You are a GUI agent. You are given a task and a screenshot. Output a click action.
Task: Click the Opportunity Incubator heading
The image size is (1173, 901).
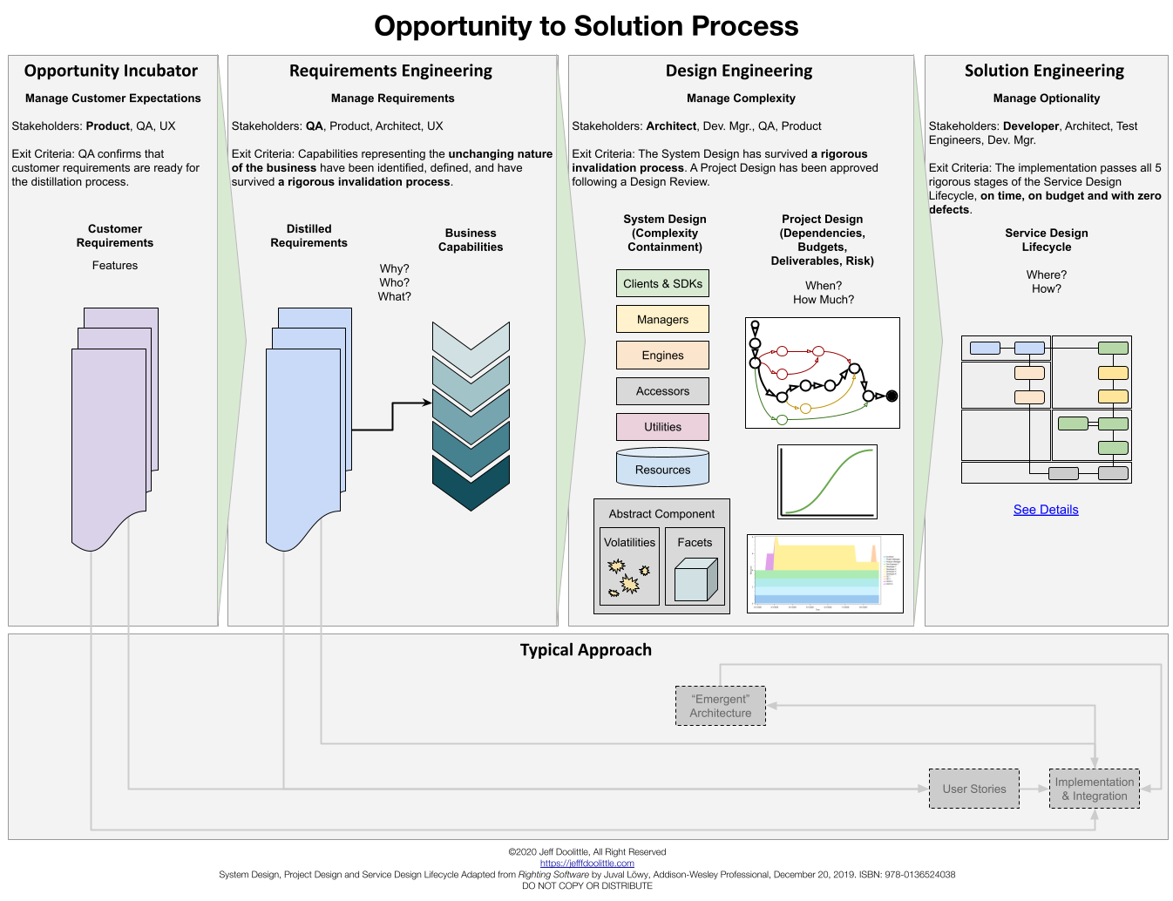pyautogui.click(x=111, y=71)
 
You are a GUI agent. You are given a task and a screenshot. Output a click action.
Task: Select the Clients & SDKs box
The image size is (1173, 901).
pyautogui.click(x=662, y=283)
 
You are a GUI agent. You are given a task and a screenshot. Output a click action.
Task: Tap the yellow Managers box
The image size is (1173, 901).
pyautogui.click(x=662, y=319)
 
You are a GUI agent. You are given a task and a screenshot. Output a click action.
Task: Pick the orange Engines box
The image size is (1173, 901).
pyautogui.click(x=662, y=355)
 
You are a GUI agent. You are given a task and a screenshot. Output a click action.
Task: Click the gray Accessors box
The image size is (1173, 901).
pyautogui.click(x=662, y=391)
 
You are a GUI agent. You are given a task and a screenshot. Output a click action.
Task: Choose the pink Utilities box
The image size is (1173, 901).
pyautogui.click(x=662, y=427)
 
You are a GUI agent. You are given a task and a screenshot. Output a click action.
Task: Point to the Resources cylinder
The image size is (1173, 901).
pyautogui.click(x=662, y=469)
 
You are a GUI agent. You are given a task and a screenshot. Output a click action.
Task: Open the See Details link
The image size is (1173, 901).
pyautogui.click(x=1046, y=510)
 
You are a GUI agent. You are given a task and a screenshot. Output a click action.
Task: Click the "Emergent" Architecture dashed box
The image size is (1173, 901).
pyautogui.click(x=720, y=706)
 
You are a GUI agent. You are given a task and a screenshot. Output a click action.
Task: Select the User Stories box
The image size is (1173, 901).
pyautogui.click(x=973, y=789)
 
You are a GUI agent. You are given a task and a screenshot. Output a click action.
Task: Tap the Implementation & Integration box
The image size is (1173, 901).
pyautogui.click(x=1094, y=789)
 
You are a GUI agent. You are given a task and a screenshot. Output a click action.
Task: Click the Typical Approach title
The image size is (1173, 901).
pyautogui.click(x=586, y=650)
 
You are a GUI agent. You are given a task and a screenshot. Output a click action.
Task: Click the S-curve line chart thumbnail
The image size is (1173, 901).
pyautogui.click(x=827, y=482)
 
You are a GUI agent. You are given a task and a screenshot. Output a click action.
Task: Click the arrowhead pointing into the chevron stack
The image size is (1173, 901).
pyautogui.click(x=427, y=403)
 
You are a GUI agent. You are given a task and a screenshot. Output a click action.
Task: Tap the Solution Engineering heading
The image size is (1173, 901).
pyautogui.click(x=1044, y=71)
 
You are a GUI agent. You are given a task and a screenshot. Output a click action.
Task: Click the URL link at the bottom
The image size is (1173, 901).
pyautogui.click(x=586, y=864)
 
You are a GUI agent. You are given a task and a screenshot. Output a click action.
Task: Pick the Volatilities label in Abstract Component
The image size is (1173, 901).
pyautogui.click(x=629, y=542)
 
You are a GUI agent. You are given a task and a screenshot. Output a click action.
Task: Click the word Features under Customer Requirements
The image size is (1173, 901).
pyautogui.click(x=115, y=266)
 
